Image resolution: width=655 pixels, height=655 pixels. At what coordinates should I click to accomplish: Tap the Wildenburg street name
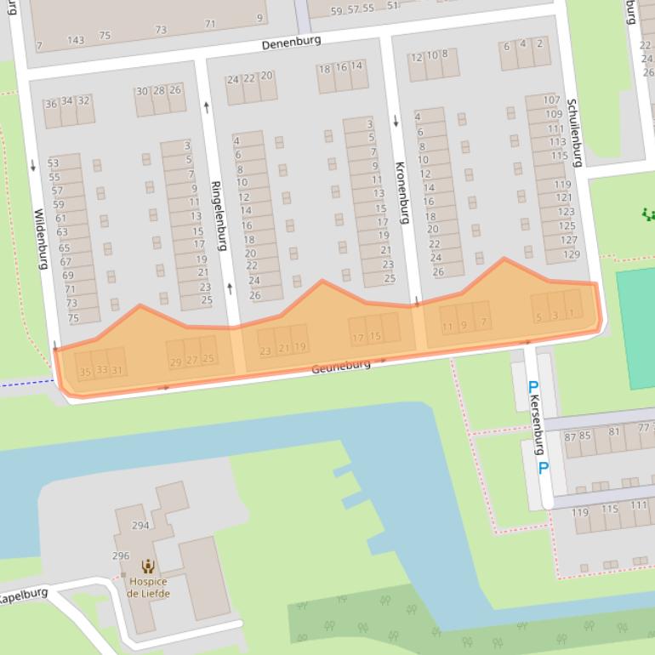[40, 239]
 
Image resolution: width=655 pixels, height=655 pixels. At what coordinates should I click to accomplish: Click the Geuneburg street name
[341, 366]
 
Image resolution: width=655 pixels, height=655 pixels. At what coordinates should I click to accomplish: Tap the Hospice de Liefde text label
[148, 588]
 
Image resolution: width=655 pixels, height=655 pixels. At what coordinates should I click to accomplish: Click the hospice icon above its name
[148, 566]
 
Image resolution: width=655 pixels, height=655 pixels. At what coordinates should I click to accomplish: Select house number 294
[140, 525]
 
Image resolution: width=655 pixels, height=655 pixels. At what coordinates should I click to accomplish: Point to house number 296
[121, 555]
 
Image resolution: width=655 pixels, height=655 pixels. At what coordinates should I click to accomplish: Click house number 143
[76, 39]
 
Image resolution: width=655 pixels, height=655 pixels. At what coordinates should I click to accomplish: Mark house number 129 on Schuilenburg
[571, 254]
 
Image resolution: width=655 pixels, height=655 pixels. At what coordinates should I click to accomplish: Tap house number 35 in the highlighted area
[85, 371]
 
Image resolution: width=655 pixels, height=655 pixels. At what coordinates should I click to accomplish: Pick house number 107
[552, 100]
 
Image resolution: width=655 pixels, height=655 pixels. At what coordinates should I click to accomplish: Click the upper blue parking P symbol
[533, 387]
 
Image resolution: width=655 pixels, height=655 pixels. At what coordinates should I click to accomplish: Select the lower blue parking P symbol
[543, 468]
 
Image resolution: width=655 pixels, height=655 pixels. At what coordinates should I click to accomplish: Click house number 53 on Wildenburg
[54, 163]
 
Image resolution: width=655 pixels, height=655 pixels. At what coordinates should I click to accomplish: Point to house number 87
[570, 436]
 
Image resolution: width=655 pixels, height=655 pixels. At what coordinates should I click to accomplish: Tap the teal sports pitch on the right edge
[635, 327]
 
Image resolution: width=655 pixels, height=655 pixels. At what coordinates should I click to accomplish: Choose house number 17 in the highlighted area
[358, 337]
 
